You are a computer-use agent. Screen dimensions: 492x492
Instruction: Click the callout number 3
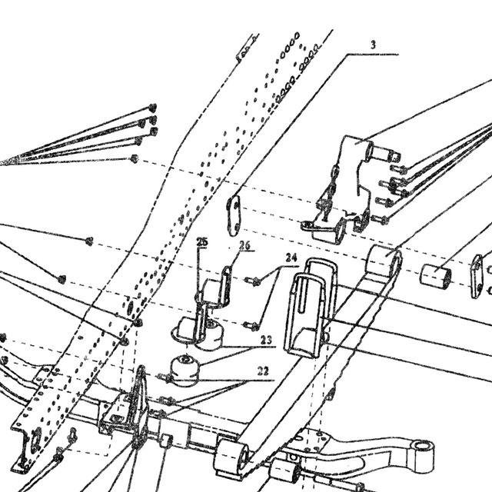coord(373,45)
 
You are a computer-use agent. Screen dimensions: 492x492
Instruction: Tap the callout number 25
coord(202,242)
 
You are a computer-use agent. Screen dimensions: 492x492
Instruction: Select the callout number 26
coord(244,245)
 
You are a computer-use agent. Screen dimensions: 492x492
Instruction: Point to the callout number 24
coord(291,258)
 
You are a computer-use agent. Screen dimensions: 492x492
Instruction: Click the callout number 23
coord(266,340)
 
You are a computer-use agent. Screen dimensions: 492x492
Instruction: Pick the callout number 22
coord(263,371)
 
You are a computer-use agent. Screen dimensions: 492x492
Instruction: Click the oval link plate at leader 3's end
coord(234,215)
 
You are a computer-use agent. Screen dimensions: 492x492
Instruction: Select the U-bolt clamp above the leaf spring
coord(311,307)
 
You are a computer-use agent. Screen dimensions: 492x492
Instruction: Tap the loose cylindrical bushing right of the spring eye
coord(436,275)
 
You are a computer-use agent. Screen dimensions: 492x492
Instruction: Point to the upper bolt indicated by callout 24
coord(253,280)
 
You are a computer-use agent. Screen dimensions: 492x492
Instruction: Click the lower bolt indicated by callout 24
coord(251,326)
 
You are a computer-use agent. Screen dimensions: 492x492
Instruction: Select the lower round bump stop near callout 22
coord(185,371)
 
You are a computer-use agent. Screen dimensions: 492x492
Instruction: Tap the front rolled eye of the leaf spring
coord(231,456)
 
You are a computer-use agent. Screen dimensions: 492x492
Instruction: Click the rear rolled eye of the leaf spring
coord(384,261)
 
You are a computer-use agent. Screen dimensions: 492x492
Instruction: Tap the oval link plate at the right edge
coord(477,276)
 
